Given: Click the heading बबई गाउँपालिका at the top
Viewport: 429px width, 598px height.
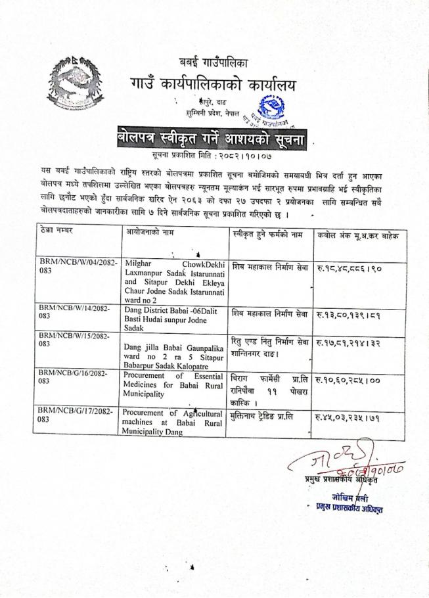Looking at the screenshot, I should coord(214,64).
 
